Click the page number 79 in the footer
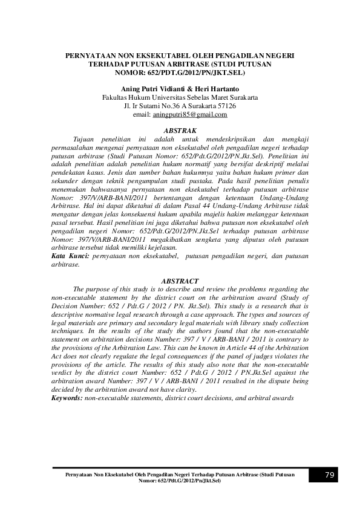(330, 475)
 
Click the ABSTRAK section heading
(180, 130)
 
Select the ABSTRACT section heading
(180, 281)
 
